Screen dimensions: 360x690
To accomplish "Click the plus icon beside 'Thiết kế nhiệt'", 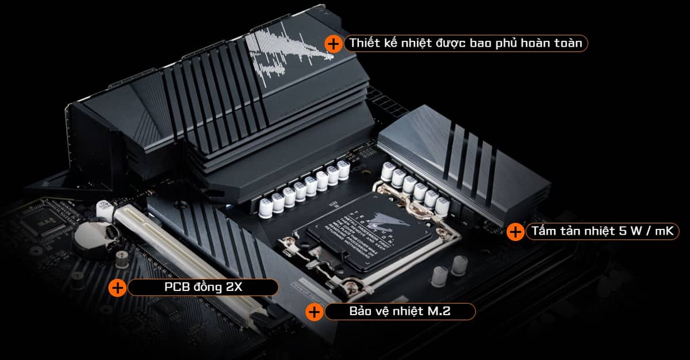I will tap(333, 44).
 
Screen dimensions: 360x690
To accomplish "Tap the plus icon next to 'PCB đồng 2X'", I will tap(117, 288).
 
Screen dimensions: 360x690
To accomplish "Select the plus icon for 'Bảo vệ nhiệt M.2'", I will tap(314, 312).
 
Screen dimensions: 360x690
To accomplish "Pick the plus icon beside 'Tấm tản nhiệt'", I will tap(515, 232).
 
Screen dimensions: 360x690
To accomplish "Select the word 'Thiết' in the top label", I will tap(364, 44).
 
